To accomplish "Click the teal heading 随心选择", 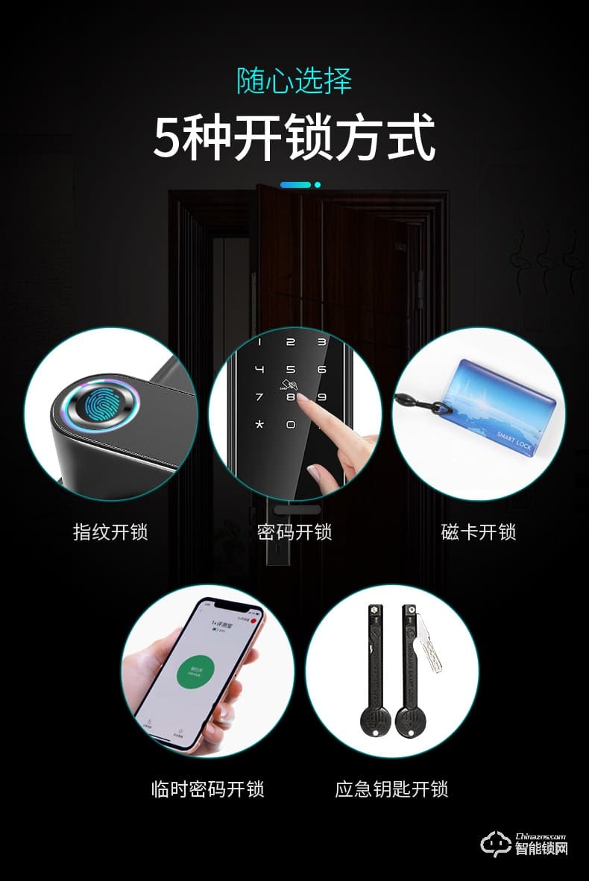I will (294, 81).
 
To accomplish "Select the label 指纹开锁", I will (110, 532).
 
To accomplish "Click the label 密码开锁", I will (294, 532).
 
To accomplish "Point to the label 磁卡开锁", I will (478, 532).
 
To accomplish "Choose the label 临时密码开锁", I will (207, 789).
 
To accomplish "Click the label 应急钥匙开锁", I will (391, 789).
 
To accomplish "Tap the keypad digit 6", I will (322, 369).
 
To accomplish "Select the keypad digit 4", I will (259, 369).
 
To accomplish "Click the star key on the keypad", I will (259, 425).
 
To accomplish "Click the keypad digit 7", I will (259, 397).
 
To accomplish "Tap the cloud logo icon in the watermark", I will (496, 842).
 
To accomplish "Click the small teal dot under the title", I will (318, 184).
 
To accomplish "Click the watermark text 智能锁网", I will (541, 849).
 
